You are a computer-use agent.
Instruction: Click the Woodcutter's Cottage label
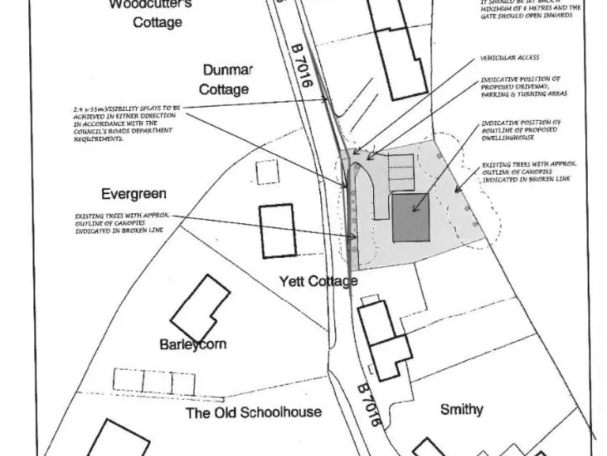[x=156, y=13]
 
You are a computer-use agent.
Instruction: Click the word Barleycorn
[x=193, y=344]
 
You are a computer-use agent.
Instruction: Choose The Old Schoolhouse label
[x=253, y=412]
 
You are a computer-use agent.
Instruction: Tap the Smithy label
[x=462, y=409]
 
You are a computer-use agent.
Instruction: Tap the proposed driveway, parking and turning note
[x=522, y=86]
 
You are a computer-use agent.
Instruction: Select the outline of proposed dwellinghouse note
[x=522, y=130]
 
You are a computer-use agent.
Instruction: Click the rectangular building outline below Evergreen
[x=277, y=230]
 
